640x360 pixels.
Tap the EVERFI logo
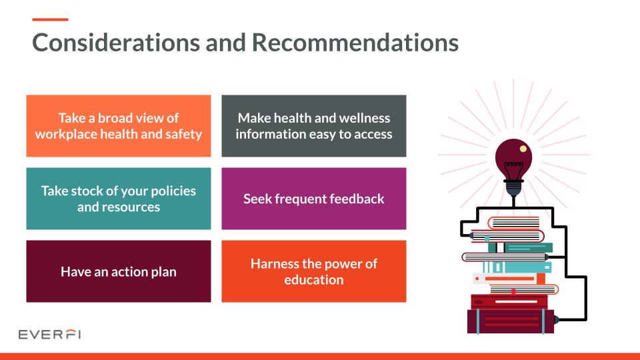pos(50,333)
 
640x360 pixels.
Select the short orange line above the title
pos(50,19)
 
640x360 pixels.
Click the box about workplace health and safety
pos(119,126)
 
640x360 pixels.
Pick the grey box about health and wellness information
pos(313,126)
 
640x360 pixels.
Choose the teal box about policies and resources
pos(119,199)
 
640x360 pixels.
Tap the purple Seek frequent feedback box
pos(313,199)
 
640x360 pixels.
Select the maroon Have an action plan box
pos(119,271)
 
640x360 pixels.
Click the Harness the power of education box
pos(313,271)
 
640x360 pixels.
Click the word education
pos(313,280)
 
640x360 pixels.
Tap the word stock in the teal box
pos(99,191)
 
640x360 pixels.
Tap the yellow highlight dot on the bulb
pos(523,148)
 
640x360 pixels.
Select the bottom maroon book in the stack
pos(511,321)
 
